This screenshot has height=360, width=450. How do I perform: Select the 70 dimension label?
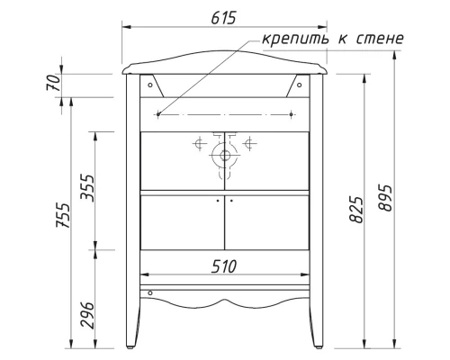pyautogui.click(x=54, y=84)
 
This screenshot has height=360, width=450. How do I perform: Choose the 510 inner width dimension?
pyautogui.click(x=224, y=266)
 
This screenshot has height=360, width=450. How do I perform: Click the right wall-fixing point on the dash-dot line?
pyautogui.click(x=295, y=114)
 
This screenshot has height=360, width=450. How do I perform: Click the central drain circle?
pyautogui.click(x=223, y=155)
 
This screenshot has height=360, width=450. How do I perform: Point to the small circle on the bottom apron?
pyautogui.click(x=149, y=292)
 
